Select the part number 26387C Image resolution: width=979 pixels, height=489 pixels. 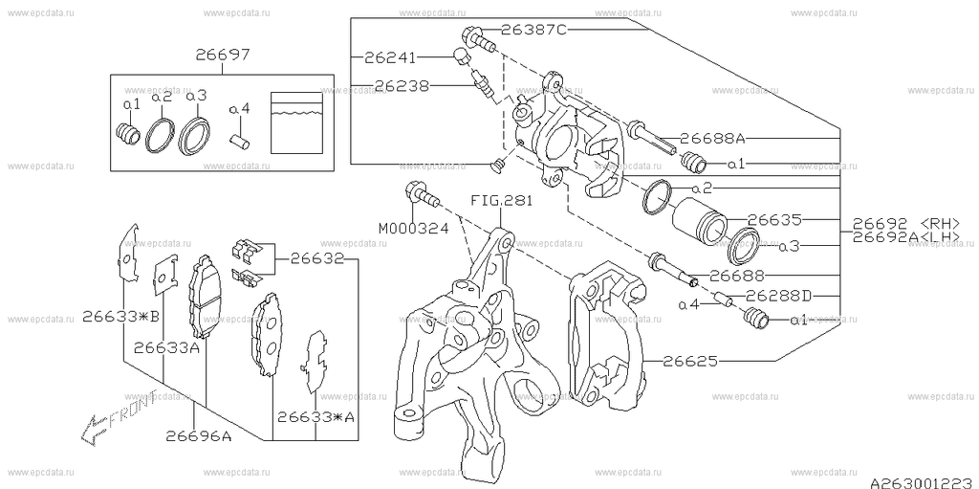point(533,31)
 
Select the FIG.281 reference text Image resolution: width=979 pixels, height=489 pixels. point(501,203)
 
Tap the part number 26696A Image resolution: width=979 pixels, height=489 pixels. point(198,438)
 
